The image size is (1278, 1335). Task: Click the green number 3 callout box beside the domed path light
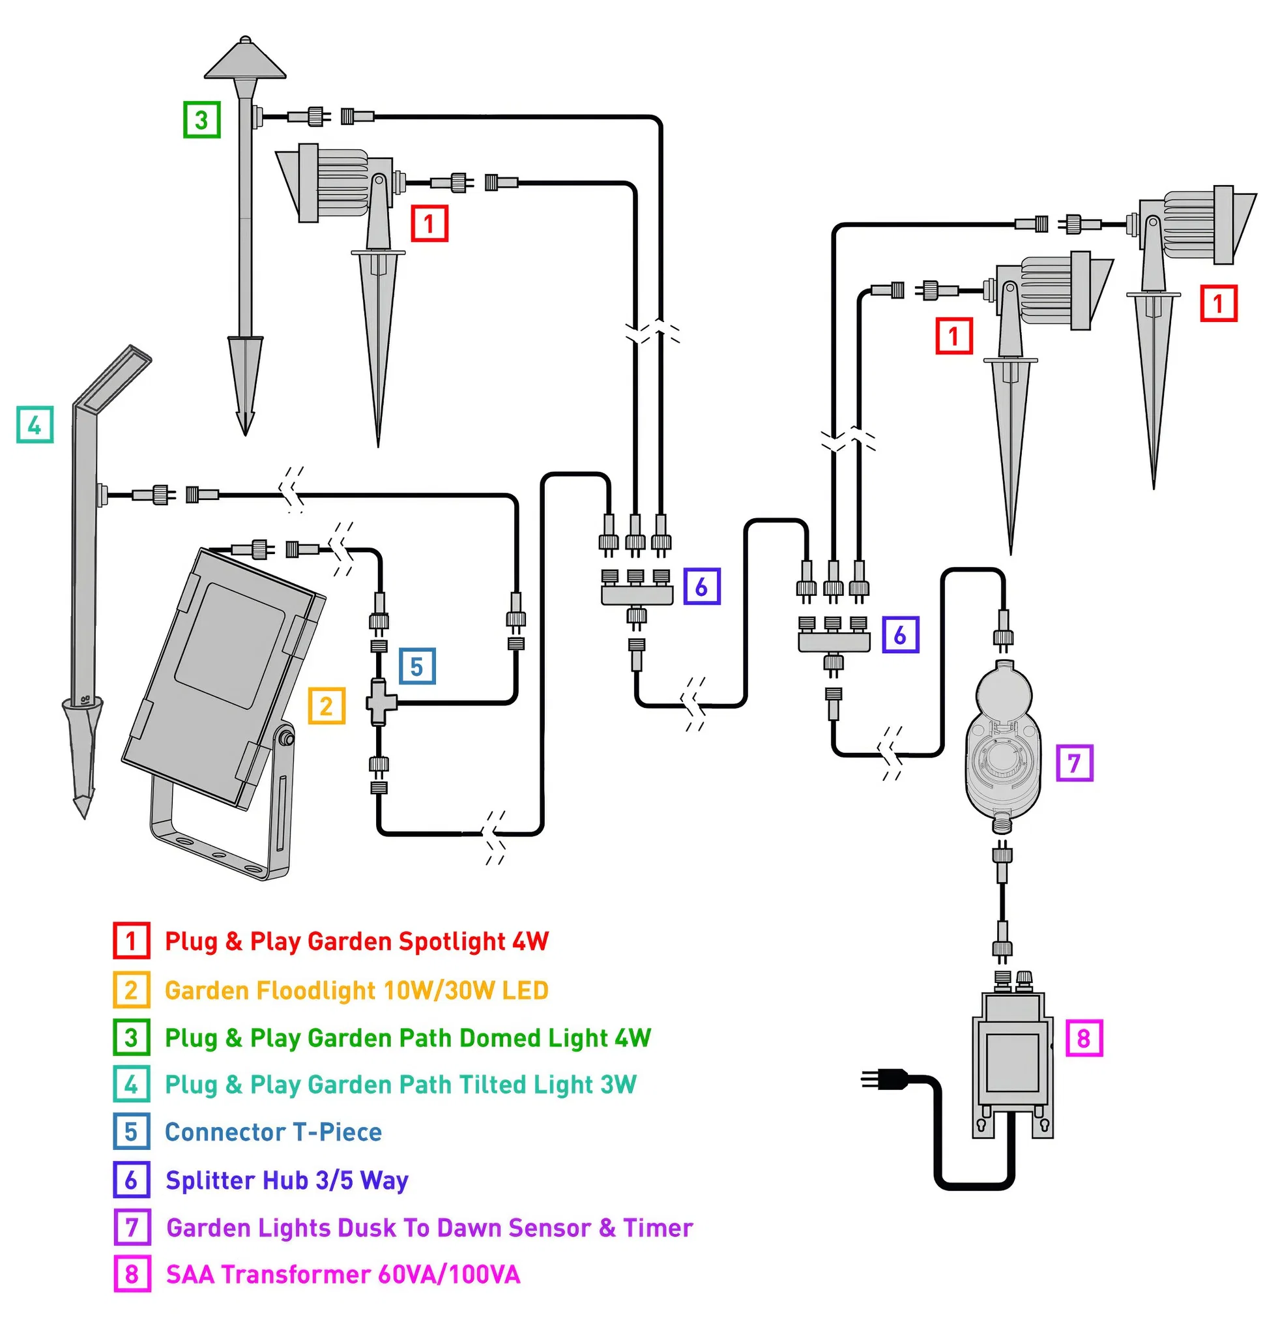[201, 119]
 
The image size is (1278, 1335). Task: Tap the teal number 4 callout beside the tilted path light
[35, 424]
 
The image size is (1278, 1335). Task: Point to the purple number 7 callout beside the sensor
[1074, 762]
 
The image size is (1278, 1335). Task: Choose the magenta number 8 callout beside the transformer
[1083, 1037]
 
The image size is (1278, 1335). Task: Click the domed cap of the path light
[245, 58]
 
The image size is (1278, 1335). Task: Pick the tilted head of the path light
[112, 377]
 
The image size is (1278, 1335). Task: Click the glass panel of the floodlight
[229, 644]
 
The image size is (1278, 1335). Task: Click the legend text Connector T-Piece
[273, 1132]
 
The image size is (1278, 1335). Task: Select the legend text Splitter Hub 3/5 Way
[287, 1180]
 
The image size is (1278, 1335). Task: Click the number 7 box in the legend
[132, 1227]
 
